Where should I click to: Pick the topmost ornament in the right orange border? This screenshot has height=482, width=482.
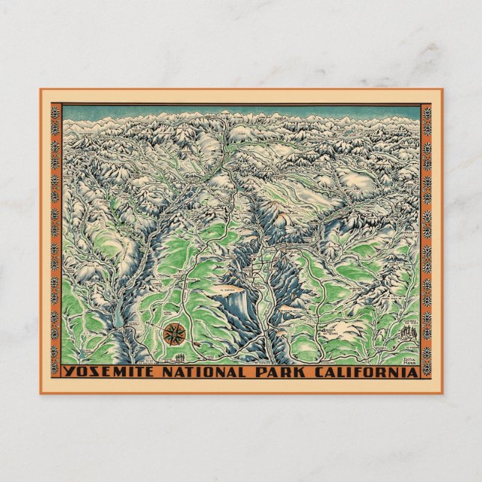point(427,113)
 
